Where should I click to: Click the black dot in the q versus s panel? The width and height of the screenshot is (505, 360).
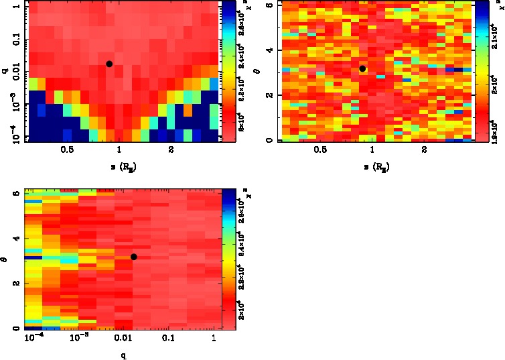[x=109, y=64]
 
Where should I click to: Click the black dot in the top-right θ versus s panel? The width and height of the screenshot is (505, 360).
[x=362, y=68]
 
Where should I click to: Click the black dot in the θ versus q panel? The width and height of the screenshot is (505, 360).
[x=134, y=257]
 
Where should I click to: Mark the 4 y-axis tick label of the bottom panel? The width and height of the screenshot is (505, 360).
[x=15, y=238]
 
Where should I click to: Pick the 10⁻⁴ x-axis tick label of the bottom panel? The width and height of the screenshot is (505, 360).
[x=32, y=338]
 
